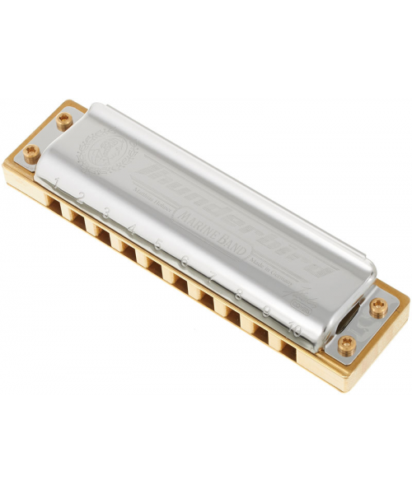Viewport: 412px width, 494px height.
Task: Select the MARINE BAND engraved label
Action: [213, 237]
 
